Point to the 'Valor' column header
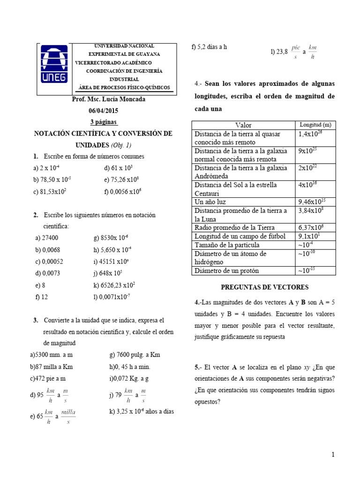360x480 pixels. pos(243,125)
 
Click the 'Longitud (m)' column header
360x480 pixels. pos(315,125)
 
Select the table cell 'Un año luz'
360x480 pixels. pos(210,202)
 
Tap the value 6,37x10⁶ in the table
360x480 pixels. pos(311,227)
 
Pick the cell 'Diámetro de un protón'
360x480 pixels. pos(227,271)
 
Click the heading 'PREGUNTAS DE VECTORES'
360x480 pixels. pos(264,287)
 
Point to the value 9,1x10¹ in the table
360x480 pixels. pos(310,236)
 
